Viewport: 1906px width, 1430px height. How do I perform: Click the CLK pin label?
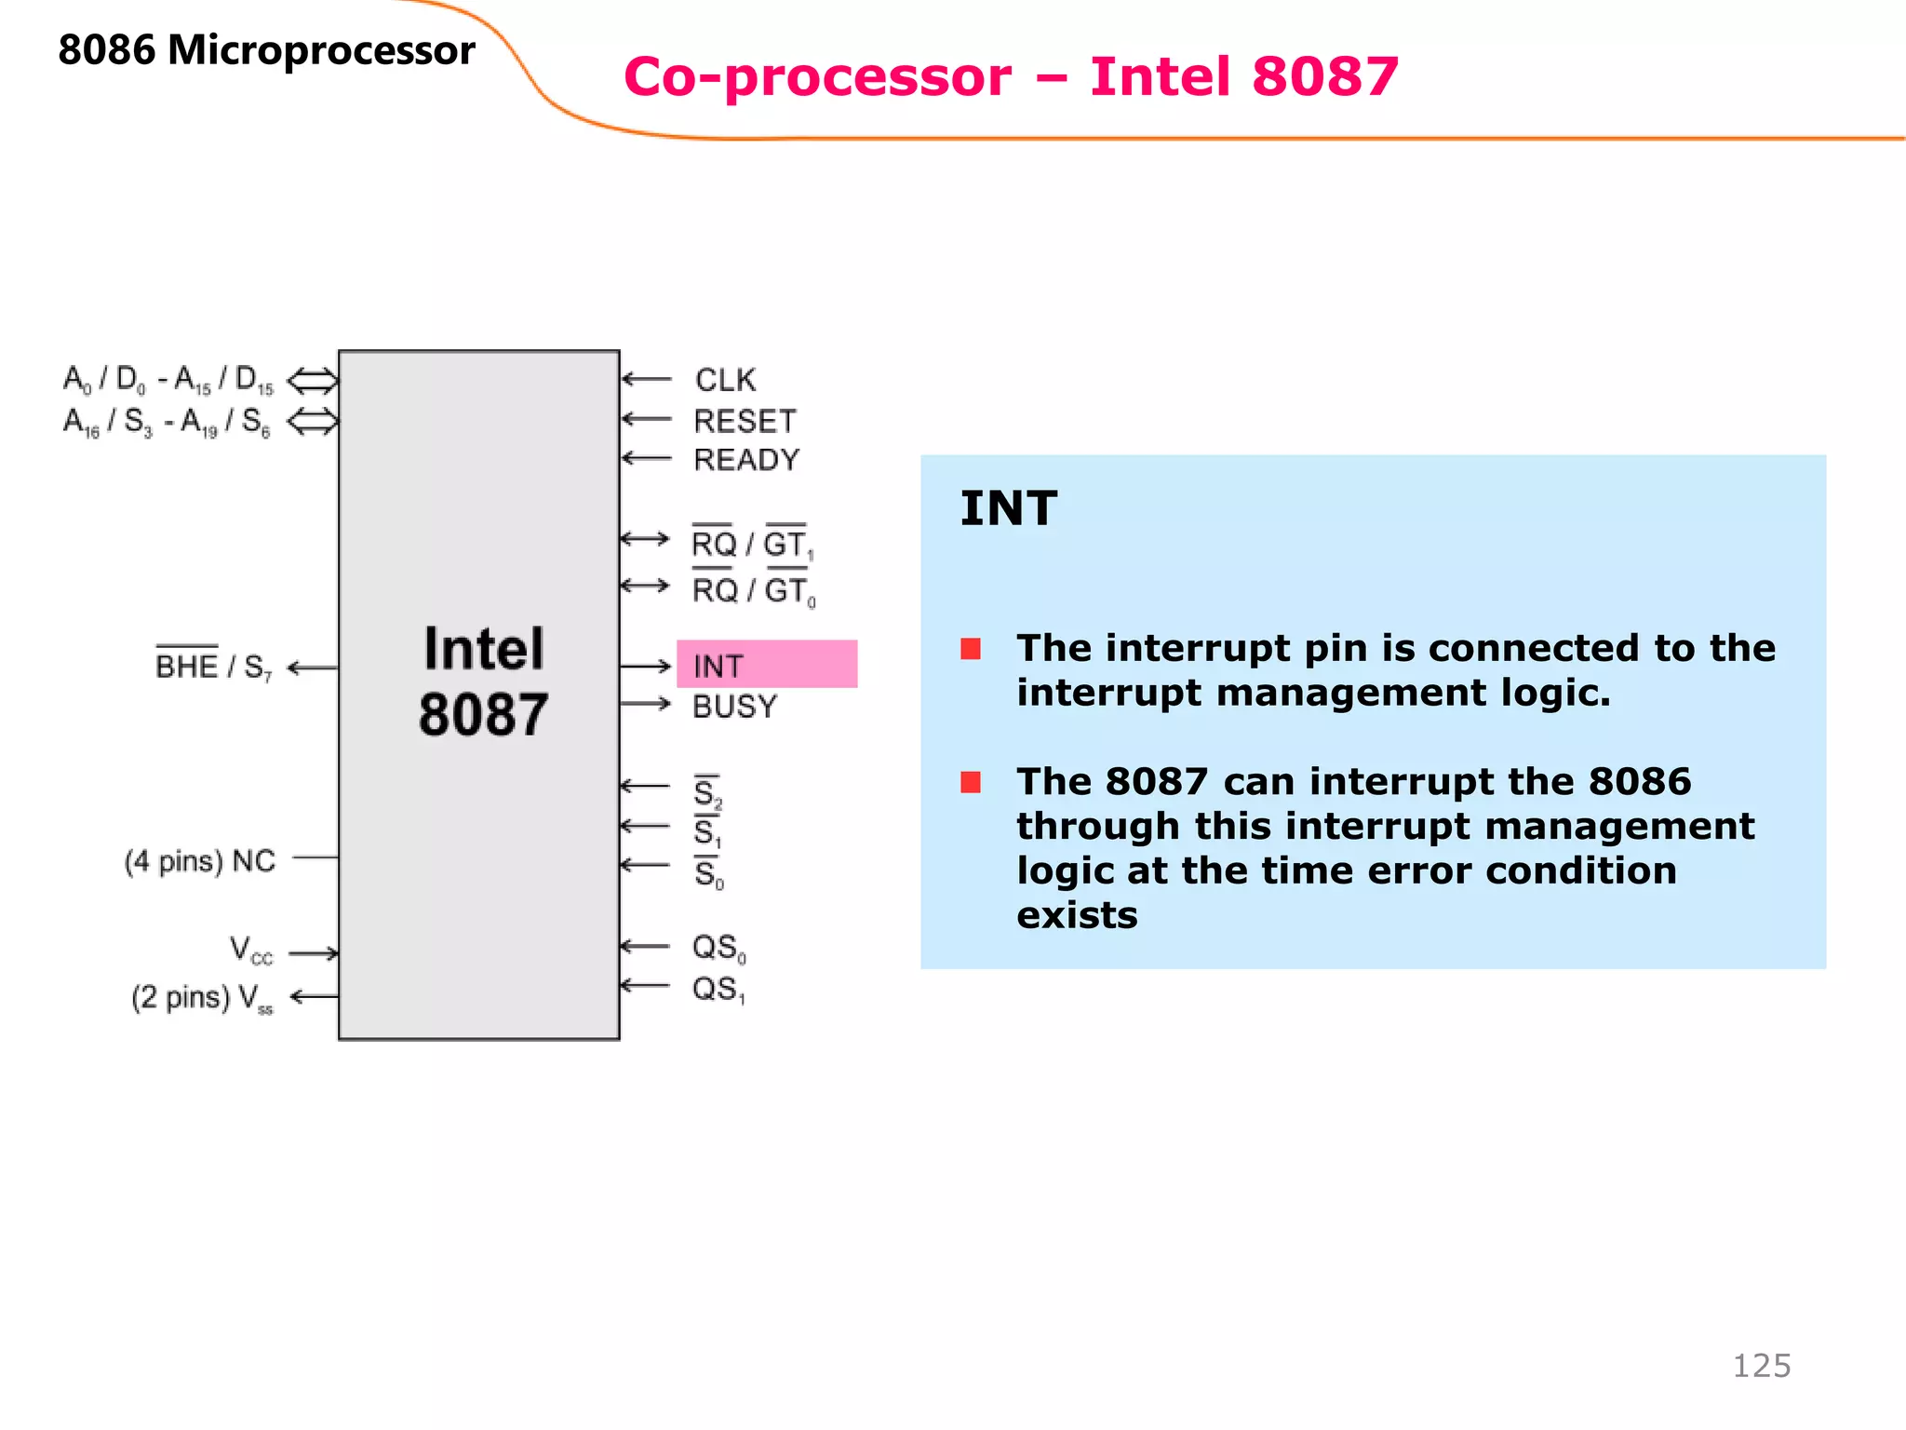[725, 380]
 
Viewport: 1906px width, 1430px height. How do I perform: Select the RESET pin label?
[745, 421]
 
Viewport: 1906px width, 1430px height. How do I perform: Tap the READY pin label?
[746, 460]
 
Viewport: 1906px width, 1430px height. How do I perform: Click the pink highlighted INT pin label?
[718, 666]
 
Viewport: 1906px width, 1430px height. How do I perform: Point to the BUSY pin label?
[734, 707]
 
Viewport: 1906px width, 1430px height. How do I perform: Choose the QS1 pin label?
[718, 989]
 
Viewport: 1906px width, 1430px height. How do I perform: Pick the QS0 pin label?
[718, 948]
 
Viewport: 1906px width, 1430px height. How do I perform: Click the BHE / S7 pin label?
[213, 667]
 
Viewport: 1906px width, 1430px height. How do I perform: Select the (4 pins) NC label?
[200, 861]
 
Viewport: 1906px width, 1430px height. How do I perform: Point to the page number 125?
[1761, 1366]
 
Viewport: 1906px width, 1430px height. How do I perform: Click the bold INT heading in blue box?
[1008, 508]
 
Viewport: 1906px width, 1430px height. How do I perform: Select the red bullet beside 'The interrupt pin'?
[971, 649]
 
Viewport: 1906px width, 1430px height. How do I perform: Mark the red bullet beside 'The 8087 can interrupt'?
[971, 782]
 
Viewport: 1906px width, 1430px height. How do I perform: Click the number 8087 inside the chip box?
[483, 715]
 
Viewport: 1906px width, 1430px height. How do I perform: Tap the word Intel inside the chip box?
[483, 649]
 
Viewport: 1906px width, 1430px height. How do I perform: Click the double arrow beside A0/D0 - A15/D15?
[313, 380]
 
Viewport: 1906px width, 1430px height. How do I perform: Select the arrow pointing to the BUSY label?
[645, 704]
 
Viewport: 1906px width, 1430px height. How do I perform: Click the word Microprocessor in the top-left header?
[321, 50]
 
